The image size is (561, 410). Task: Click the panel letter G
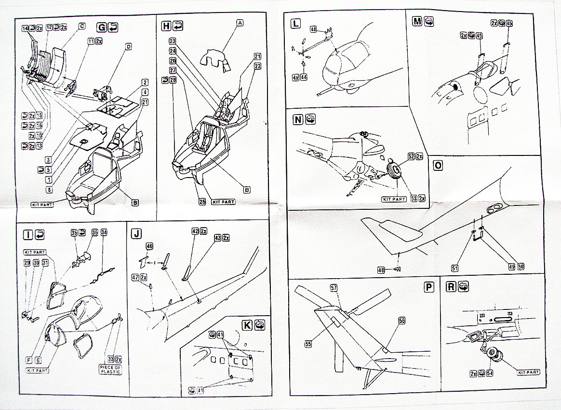coord(101,27)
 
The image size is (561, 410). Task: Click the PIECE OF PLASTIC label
coord(111,369)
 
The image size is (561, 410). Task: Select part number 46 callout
coord(149,246)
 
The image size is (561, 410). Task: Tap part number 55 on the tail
coord(308,344)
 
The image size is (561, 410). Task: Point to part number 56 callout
coord(402,320)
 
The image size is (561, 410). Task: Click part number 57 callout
coord(334,288)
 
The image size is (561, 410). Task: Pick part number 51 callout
coord(455,268)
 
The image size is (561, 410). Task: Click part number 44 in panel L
coord(304,77)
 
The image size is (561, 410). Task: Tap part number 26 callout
coord(201,202)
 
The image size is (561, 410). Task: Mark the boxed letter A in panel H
coord(240,22)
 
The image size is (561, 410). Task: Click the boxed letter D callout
coord(129,46)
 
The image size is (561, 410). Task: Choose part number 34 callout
coord(104,232)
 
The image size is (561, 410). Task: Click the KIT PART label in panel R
coord(529,372)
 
